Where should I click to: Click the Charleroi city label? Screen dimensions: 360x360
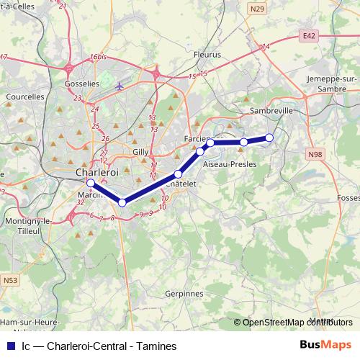pos(96,173)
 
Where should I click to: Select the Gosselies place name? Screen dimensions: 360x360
pos(81,84)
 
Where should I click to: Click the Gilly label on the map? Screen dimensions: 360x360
pos(140,152)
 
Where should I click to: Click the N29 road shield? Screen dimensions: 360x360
pos(257,9)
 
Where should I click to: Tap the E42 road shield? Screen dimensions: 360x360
pos(310,35)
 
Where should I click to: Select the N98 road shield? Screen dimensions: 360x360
pos(314,153)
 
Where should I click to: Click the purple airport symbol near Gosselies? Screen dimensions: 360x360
pos(120,86)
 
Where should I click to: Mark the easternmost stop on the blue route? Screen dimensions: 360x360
pos(269,138)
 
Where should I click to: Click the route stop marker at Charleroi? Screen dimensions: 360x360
pos(90,184)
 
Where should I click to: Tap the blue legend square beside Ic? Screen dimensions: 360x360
pos(9,346)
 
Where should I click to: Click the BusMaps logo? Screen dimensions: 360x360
pos(325,346)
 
